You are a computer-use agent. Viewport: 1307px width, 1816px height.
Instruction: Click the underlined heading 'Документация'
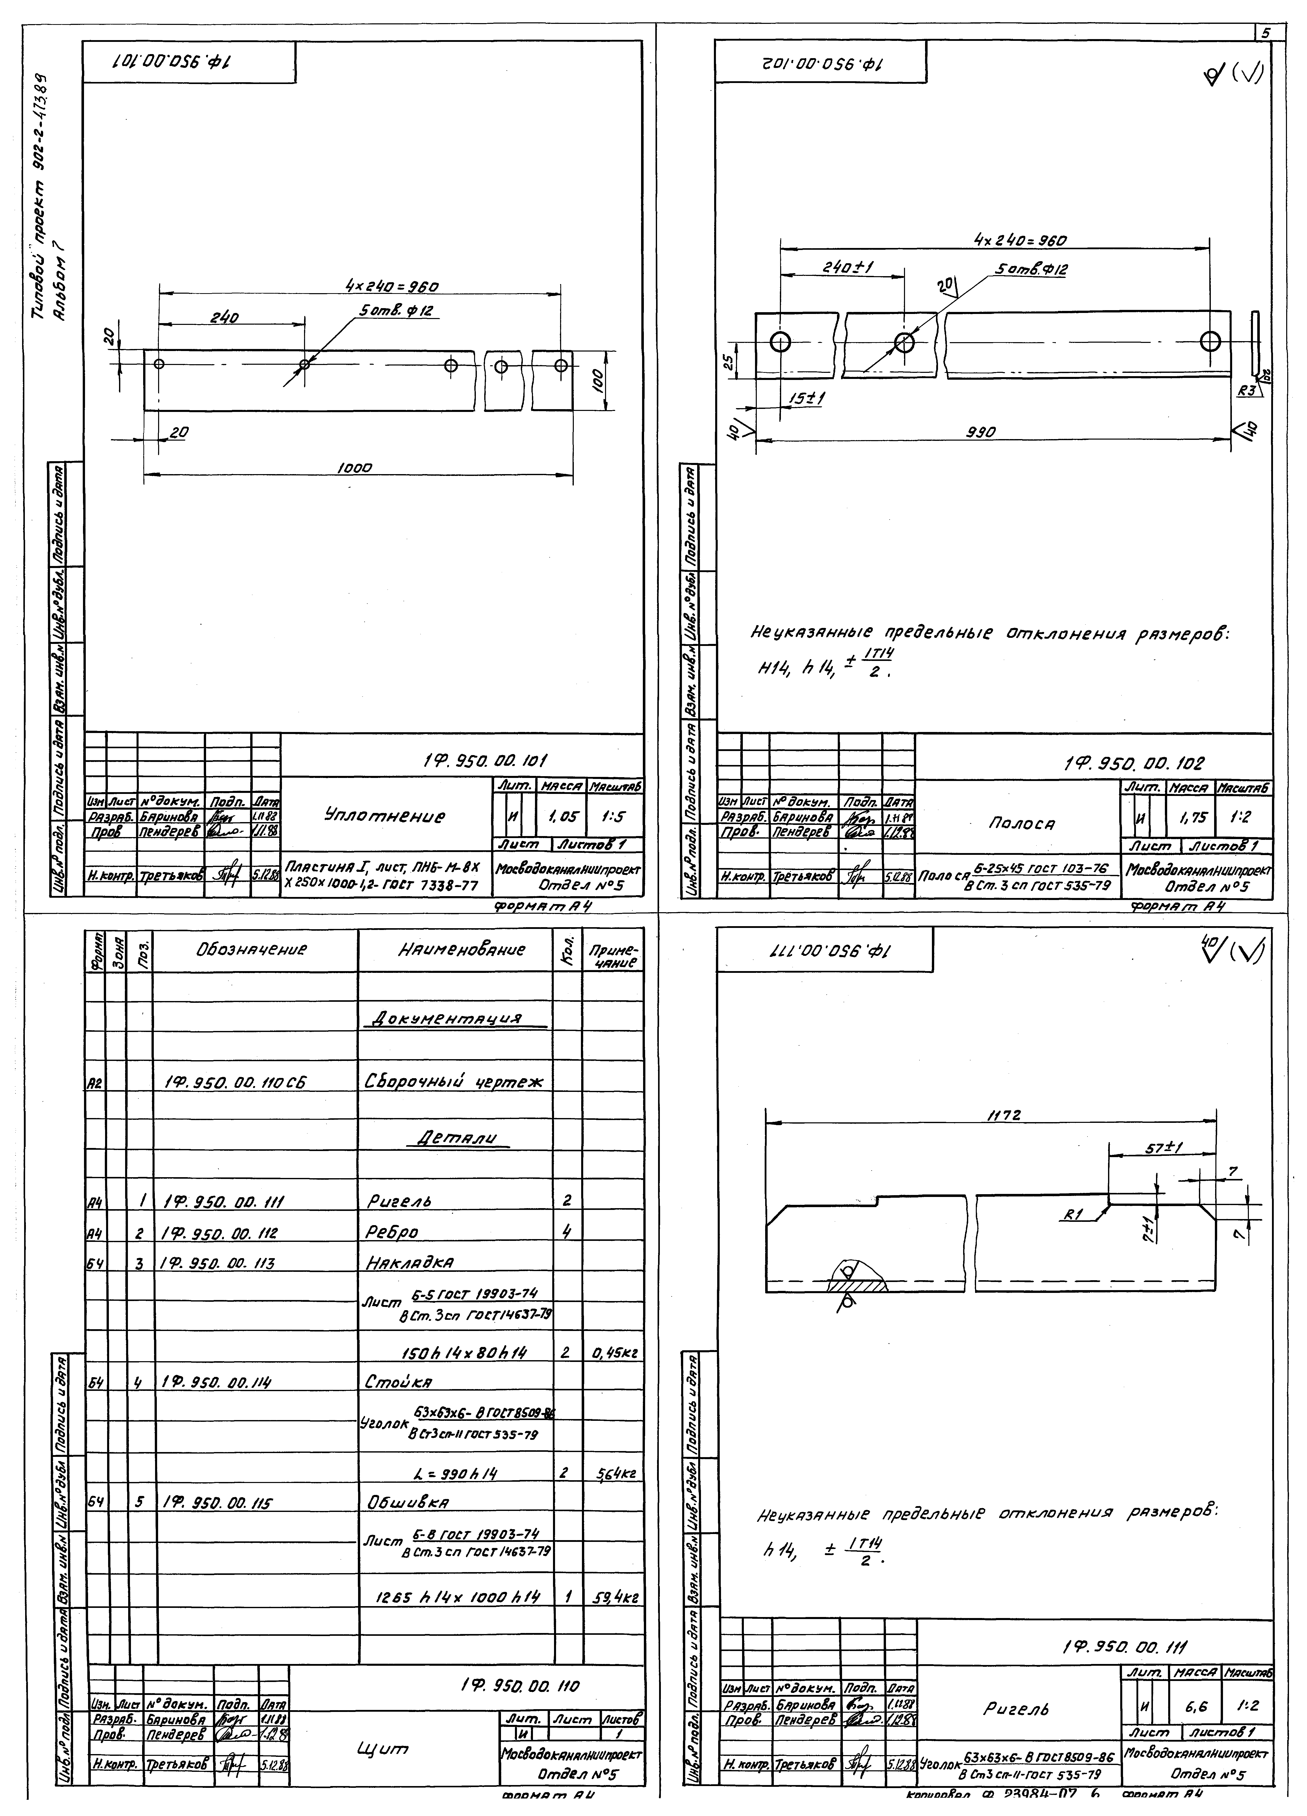[454, 1019]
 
